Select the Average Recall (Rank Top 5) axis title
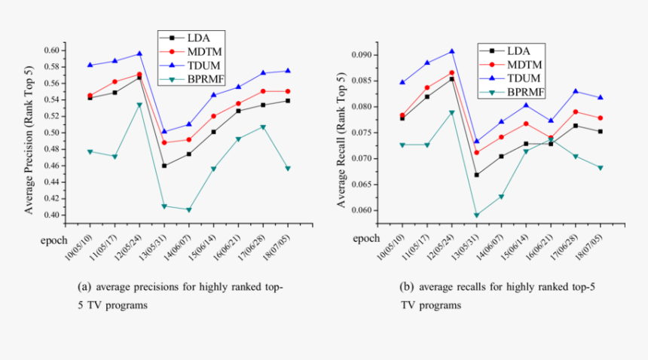341,132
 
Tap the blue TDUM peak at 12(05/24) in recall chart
451,51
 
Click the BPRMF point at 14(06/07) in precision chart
188,210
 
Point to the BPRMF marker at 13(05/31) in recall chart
476,215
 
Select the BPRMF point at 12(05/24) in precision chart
139,105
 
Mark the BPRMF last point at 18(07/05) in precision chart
288,168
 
